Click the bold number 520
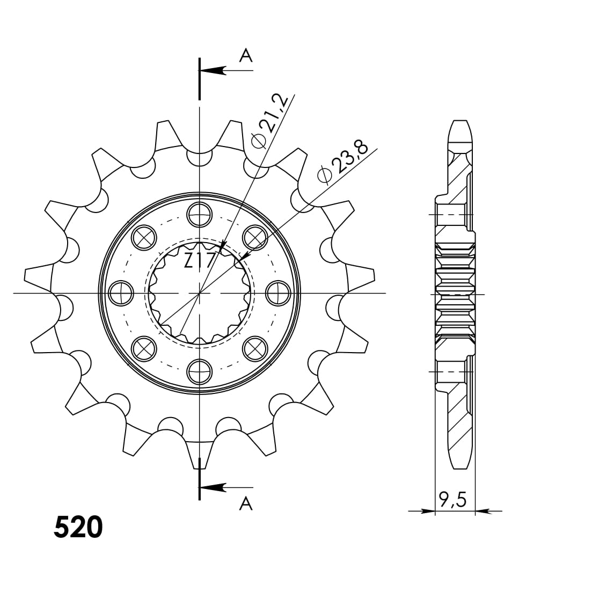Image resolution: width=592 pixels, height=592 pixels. pyautogui.click(x=78, y=528)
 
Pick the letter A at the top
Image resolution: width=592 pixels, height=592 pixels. pyautogui.click(x=245, y=55)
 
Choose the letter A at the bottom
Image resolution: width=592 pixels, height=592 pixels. pyautogui.click(x=245, y=503)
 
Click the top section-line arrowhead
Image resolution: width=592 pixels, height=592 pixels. pyautogui.click(x=212, y=70)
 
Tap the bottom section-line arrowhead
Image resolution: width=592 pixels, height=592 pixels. pyautogui.click(x=212, y=487)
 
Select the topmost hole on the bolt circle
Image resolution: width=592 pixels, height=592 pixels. pyautogui.click(x=199, y=215)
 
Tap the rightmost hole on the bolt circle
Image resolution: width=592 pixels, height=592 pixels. pyautogui.click(x=278, y=293)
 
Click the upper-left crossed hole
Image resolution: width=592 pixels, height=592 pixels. pyautogui.click(x=144, y=238)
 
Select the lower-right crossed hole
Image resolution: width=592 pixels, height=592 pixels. pyautogui.click(x=255, y=349)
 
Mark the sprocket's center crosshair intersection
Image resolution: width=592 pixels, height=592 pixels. pyautogui.click(x=199, y=293)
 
